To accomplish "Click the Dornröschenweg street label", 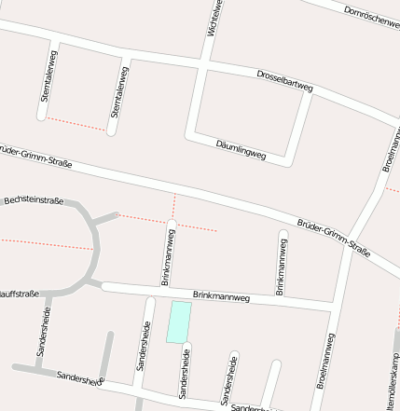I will [x=370, y=17].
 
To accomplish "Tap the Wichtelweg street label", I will [x=214, y=18].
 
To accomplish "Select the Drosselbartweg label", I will [x=284, y=80].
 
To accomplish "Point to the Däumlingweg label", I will [x=241, y=150].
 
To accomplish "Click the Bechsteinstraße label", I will [x=34, y=200].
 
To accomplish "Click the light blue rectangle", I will [x=178, y=322].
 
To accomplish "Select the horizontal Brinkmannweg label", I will [x=221, y=297].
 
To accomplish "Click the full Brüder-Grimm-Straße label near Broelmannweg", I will [x=333, y=238].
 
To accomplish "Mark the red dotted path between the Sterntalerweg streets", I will [x=76, y=123].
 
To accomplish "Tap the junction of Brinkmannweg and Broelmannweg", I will [x=335, y=306].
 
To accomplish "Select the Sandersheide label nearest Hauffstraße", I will [x=43, y=332].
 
